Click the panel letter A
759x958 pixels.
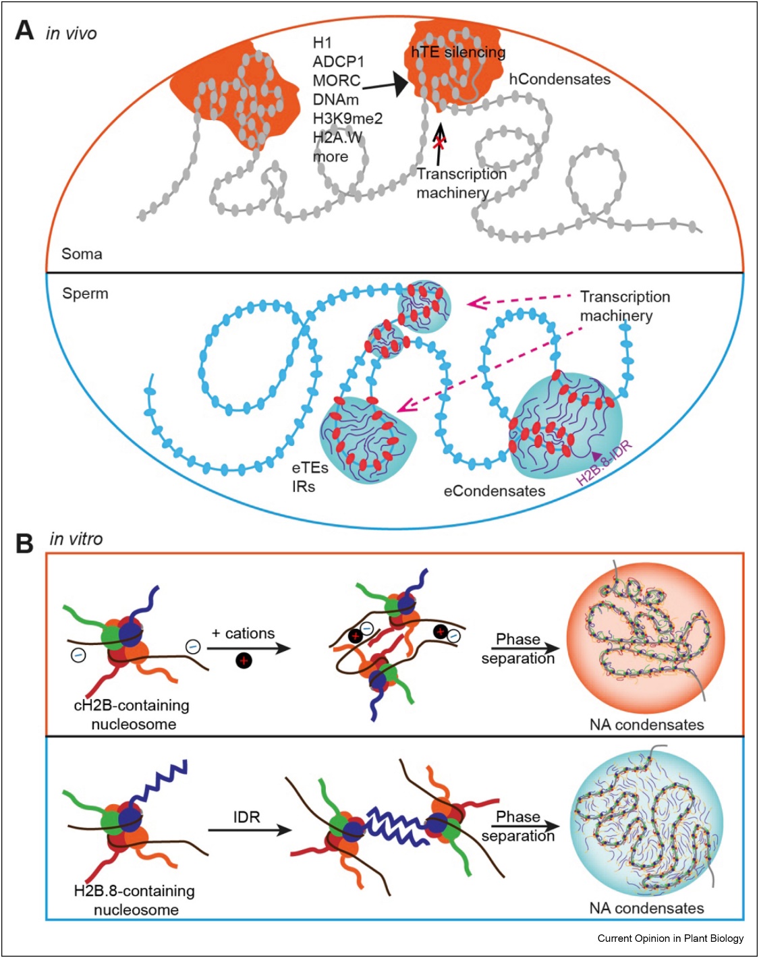(x=25, y=31)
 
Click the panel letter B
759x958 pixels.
(x=25, y=543)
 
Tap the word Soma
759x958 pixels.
(x=82, y=254)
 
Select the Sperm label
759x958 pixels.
(x=85, y=293)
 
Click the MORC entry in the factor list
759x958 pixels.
(x=337, y=81)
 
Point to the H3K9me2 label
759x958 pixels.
(x=347, y=119)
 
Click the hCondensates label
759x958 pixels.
(x=559, y=80)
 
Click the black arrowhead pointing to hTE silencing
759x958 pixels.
(x=399, y=84)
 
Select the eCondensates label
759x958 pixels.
(x=494, y=491)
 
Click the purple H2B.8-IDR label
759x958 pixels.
(x=604, y=463)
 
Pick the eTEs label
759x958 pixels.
(x=310, y=468)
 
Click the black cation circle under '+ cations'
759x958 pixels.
(x=244, y=660)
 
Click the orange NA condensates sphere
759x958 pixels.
(x=646, y=638)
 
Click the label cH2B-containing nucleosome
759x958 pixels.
(x=132, y=714)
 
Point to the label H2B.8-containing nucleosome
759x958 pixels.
(x=134, y=900)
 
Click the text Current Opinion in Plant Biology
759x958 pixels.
(x=670, y=938)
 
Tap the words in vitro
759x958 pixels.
(x=76, y=539)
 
